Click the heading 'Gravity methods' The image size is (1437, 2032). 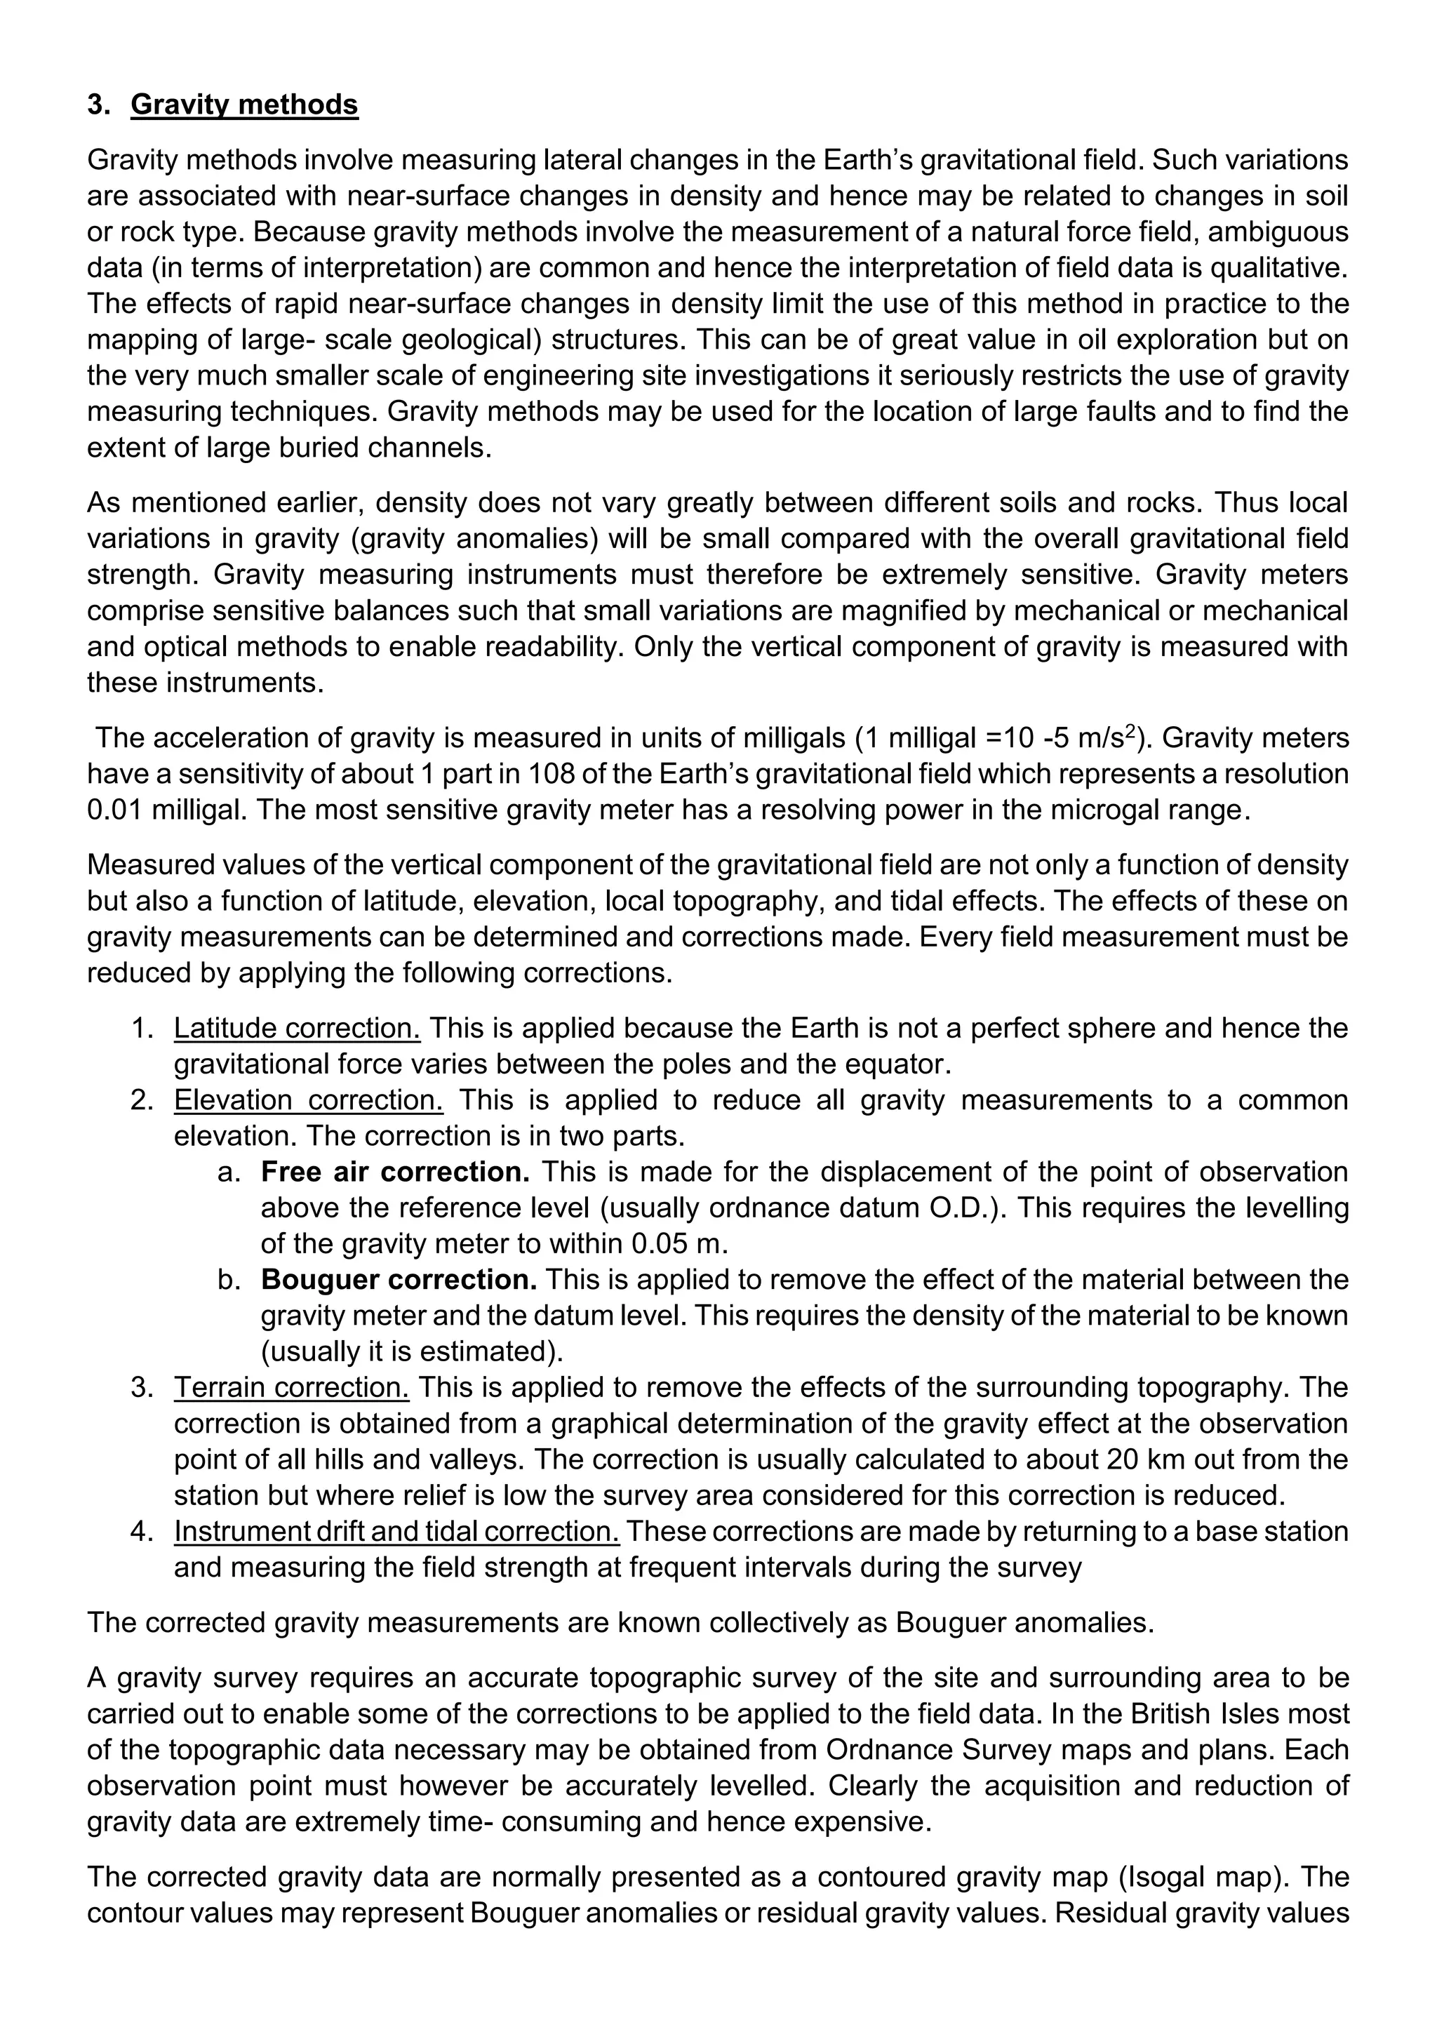(x=244, y=105)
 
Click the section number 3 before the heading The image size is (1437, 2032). (x=98, y=105)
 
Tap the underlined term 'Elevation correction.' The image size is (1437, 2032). (x=308, y=1099)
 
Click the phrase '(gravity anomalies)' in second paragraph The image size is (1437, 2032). (x=424, y=538)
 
